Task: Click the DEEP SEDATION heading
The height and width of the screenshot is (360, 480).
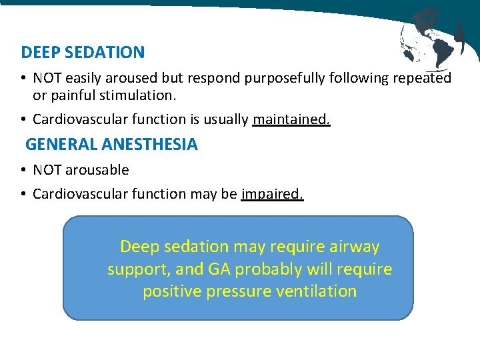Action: [83, 52]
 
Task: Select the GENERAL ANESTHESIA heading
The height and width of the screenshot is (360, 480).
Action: [111, 144]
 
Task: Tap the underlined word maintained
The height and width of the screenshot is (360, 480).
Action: [291, 119]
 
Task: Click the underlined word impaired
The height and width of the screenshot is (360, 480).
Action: [272, 194]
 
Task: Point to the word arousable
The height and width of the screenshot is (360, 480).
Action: [97, 170]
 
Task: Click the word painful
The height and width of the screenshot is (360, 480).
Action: [74, 95]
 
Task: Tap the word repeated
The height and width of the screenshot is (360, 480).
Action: [422, 78]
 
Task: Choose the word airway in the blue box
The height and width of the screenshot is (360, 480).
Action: [354, 247]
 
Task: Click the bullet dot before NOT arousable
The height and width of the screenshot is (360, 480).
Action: [23, 171]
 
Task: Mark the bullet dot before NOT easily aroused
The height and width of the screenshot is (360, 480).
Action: [23, 79]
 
